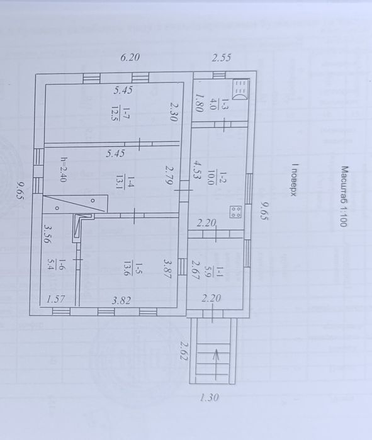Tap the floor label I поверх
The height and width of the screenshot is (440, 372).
(x=294, y=180)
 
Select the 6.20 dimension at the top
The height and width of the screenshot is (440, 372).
(x=130, y=57)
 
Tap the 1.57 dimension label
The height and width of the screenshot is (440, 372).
(x=56, y=300)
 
